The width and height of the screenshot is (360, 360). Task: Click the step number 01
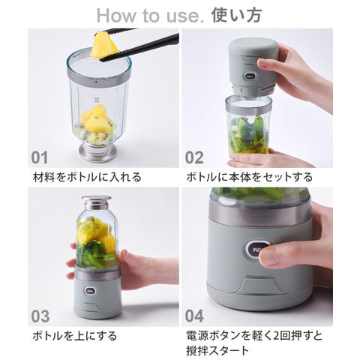39,158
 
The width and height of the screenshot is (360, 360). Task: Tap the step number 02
194,158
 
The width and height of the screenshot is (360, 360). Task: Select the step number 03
40,316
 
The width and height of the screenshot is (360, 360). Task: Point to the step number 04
194,316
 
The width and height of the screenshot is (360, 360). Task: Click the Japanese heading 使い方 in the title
236,15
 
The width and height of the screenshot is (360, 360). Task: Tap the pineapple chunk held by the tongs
103,46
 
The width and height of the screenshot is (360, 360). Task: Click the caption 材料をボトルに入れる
87,177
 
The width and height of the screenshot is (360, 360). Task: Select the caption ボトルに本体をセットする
250,177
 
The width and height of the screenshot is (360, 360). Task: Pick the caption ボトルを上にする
74,336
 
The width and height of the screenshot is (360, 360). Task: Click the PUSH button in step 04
257,250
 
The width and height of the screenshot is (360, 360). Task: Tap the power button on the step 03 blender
89,291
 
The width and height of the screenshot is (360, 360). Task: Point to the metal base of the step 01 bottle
97,152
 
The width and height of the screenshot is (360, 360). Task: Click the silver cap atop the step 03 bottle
97,202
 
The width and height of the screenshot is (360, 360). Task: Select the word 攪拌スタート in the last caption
217,350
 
